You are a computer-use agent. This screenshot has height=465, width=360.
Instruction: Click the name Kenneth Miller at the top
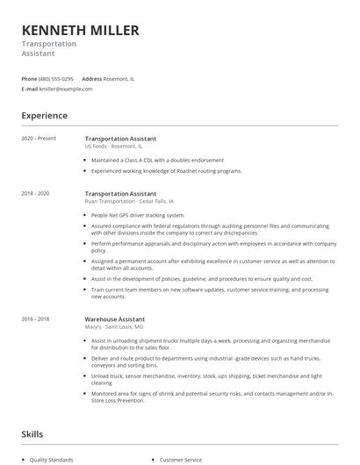(80, 31)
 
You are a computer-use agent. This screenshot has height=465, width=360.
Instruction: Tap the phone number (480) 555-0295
(57, 78)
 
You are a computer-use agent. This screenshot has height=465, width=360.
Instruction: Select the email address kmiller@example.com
(66, 89)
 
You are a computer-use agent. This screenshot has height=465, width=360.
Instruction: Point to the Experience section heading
(44, 115)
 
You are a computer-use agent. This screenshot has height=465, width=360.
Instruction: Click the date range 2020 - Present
(39, 139)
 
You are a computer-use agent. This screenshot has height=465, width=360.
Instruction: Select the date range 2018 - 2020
(37, 193)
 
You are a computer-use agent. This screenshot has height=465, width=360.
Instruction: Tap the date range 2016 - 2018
(37, 319)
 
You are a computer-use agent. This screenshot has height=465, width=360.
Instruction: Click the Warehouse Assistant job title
(115, 319)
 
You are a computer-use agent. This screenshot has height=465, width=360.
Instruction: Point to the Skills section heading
(33, 433)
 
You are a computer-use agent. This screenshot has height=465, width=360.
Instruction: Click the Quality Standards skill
(52, 460)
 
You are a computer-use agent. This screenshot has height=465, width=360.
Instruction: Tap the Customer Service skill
(180, 460)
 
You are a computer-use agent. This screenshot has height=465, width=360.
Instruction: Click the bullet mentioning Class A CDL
(157, 161)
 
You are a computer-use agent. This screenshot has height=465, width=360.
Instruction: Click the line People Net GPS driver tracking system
(138, 215)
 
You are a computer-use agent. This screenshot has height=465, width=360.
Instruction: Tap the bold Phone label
(29, 78)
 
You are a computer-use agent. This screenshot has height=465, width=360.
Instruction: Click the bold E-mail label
(30, 89)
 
